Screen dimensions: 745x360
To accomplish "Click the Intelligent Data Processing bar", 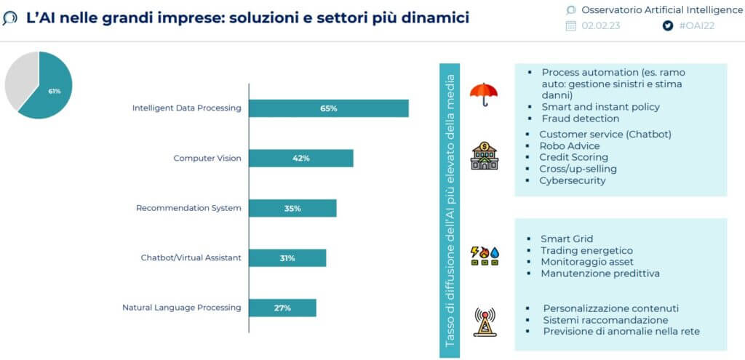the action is (x=329, y=108).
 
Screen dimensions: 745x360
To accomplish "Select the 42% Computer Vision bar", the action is (x=301, y=158).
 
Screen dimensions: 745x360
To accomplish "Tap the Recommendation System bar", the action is (x=292, y=208).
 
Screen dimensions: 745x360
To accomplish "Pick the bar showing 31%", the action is (x=287, y=258).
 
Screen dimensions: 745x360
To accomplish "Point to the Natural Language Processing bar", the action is (x=283, y=308).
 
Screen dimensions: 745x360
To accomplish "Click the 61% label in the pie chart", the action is (x=54, y=91).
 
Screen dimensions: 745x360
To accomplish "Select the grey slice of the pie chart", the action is (x=19, y=79).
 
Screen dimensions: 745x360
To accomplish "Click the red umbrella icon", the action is (x=484, y=95).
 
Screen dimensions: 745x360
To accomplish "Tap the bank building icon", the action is (x=484, y=156).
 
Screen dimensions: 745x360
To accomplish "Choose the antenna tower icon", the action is (x=485, y=322).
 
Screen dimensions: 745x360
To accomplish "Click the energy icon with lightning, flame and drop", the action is (x=485, y=255).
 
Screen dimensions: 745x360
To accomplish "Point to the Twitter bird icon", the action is (x=668, y=25).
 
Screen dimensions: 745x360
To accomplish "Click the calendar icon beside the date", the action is (x=570, y=25).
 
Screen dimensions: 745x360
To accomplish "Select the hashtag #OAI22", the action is (x=696, y=25).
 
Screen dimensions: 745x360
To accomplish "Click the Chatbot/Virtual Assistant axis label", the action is (x=191, y=258).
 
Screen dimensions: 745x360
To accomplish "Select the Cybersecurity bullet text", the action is (x=572, y=180).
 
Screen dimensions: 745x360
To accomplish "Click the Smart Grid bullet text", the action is (x=567, y=239).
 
